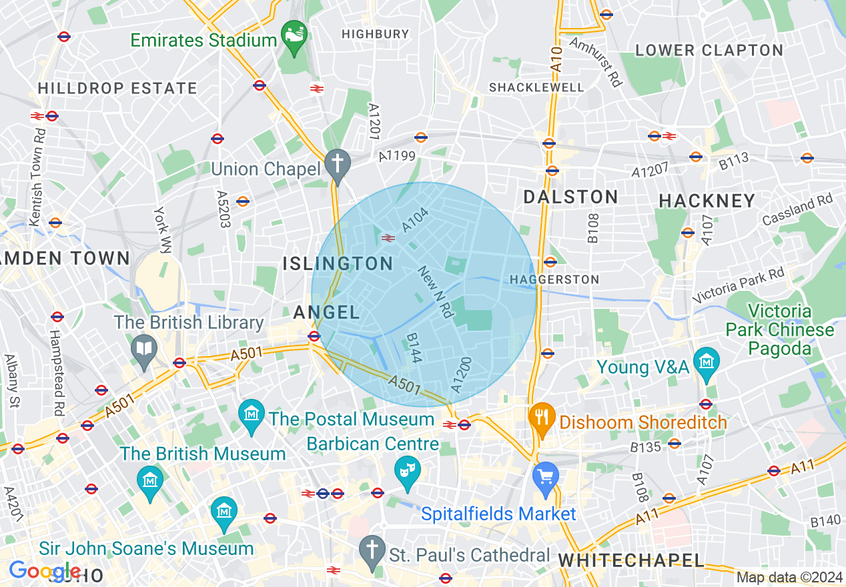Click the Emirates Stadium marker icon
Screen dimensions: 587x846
point(294,32)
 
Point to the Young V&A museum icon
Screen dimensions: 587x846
point(706,361)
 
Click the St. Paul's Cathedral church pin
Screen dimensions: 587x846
point(372,549)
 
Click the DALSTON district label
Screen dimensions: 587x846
point(570,197)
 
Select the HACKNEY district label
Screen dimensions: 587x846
point(707,201)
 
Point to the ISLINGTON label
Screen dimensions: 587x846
point(338,263)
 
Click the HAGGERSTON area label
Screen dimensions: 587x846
point(554,279)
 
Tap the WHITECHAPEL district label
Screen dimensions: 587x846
point(631,560)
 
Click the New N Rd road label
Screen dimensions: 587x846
point(436,291)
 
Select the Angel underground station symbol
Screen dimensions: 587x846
point(314,336)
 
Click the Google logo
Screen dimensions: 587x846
point(44,571)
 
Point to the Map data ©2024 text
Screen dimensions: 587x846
point(789,578)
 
